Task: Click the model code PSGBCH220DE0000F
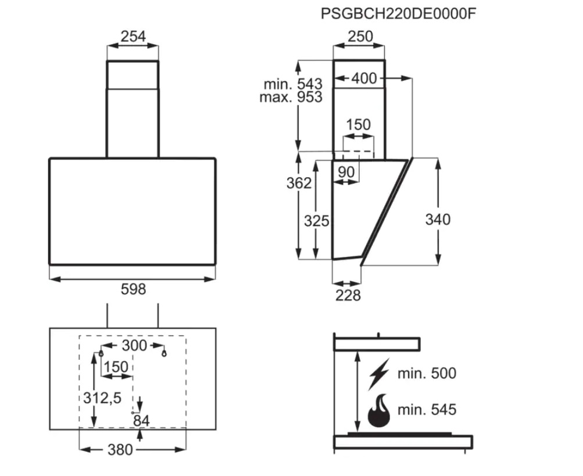click(398, 14)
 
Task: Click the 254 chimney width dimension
click(133, 37)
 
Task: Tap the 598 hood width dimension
click(133, 289)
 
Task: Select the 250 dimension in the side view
click(360, 37)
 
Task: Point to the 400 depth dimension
click(364, 78)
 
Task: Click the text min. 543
click(293, 84)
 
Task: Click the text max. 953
click(291, 97)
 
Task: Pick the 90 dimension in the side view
click(346, 172)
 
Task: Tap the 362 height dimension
click(299, 183)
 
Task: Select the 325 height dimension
click(316, 221)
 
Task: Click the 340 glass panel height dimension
click(438, 220)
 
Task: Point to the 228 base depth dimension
click(348, 295)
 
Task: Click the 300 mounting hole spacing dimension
click(134, 345)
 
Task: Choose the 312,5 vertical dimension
click(102, 398)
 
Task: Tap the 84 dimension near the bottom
click(141, 421)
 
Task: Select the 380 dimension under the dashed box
click(120, 450)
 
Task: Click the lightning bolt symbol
click(379, 374)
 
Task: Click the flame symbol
click(379, 410)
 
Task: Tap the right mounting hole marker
click(164, 353)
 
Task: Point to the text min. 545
click(427, 410)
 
